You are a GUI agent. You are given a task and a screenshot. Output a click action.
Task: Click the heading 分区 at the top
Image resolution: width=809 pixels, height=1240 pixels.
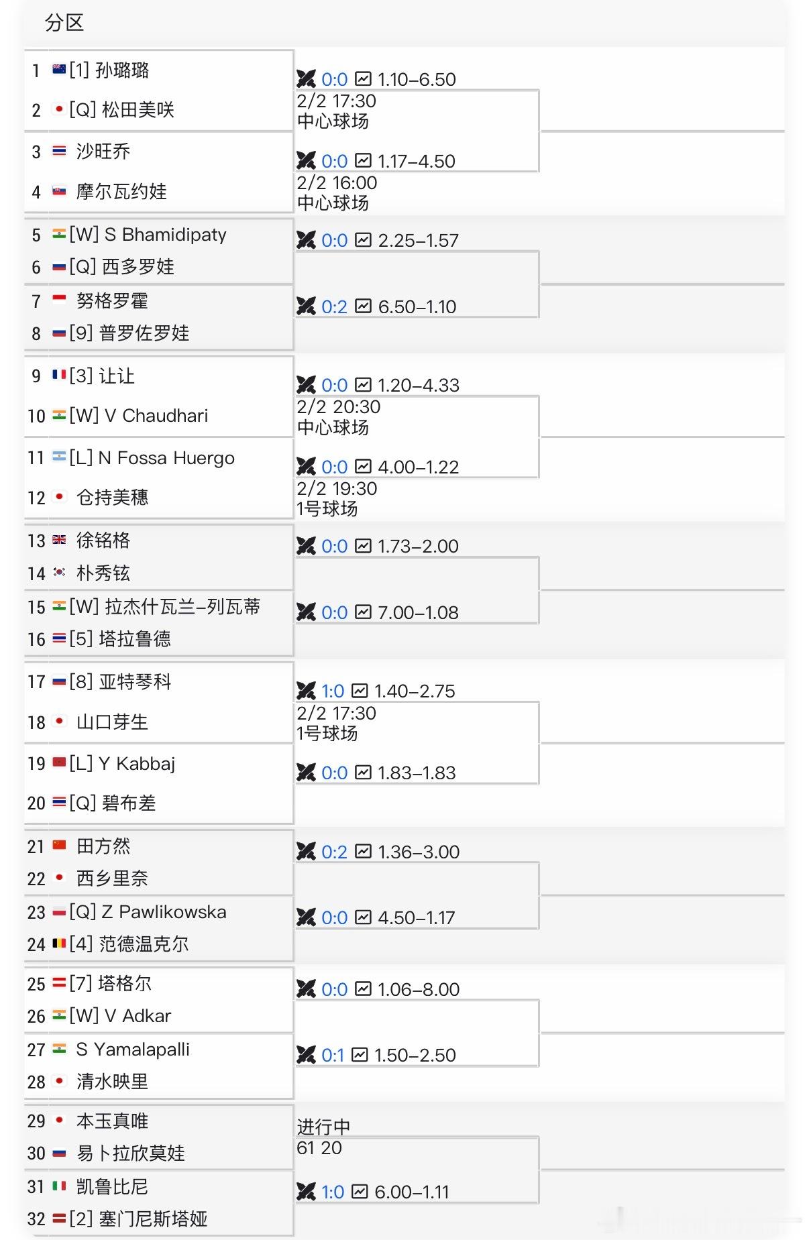(64, 23)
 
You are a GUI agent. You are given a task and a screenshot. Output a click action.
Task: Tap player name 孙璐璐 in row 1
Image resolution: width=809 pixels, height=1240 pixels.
(122, 70)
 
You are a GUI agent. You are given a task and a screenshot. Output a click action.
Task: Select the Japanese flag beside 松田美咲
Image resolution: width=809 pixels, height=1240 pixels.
(59, 109)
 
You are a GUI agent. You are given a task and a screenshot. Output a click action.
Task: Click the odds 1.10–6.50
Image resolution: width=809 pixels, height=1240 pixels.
(417, 80)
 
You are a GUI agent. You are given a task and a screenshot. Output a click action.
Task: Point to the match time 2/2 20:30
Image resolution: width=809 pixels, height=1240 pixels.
(338, 407)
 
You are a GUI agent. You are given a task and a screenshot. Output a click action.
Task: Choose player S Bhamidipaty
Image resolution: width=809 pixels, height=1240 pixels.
(165, 235)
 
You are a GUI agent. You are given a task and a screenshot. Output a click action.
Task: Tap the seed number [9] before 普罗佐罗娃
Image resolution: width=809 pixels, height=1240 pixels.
(81, 333)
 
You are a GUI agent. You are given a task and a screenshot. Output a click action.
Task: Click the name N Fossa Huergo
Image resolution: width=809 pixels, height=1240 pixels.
(166, 458)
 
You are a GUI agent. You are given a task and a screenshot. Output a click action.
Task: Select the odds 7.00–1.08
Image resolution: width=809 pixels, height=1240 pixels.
(418, 613)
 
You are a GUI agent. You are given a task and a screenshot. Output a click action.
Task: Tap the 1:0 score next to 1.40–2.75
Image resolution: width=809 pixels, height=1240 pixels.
(333, 691)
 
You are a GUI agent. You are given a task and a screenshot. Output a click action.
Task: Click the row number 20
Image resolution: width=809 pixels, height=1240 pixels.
(36, 803)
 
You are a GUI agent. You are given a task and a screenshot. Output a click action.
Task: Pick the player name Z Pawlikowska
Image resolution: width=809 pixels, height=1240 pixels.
(164, 912)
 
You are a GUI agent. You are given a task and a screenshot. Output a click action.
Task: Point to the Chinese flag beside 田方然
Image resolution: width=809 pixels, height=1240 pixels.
(59, 845)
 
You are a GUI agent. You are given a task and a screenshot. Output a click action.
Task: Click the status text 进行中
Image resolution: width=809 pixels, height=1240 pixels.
(323, 1127)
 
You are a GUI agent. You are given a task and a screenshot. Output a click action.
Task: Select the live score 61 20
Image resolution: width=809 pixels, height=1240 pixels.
(319, 1148)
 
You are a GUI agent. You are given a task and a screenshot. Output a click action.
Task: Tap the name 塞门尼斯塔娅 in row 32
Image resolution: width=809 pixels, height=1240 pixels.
(153, 1219)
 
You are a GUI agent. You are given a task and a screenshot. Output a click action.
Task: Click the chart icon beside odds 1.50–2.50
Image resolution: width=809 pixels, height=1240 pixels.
(360, 1055)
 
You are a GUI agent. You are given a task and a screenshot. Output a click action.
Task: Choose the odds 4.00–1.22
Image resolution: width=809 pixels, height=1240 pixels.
(418, 467)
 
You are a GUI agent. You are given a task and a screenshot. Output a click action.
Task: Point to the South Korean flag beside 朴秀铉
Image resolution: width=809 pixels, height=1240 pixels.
(59, 573)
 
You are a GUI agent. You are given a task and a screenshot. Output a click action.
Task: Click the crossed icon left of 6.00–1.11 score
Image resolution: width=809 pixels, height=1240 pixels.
(306, 1192)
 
